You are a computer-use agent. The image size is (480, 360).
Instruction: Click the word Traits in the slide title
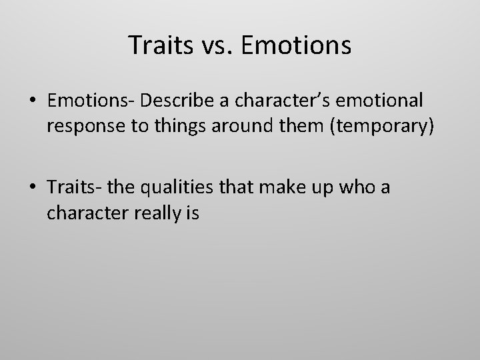pos(157,45)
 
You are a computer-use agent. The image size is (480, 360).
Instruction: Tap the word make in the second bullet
pos(278,188)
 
